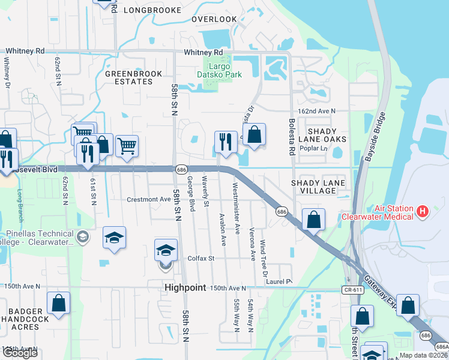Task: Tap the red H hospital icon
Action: coord(423,211)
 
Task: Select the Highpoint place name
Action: coord(184,289)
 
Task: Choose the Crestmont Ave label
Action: coord(149,199)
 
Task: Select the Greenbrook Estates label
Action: coord(129,77)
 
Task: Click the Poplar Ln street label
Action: coord(315,148)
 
